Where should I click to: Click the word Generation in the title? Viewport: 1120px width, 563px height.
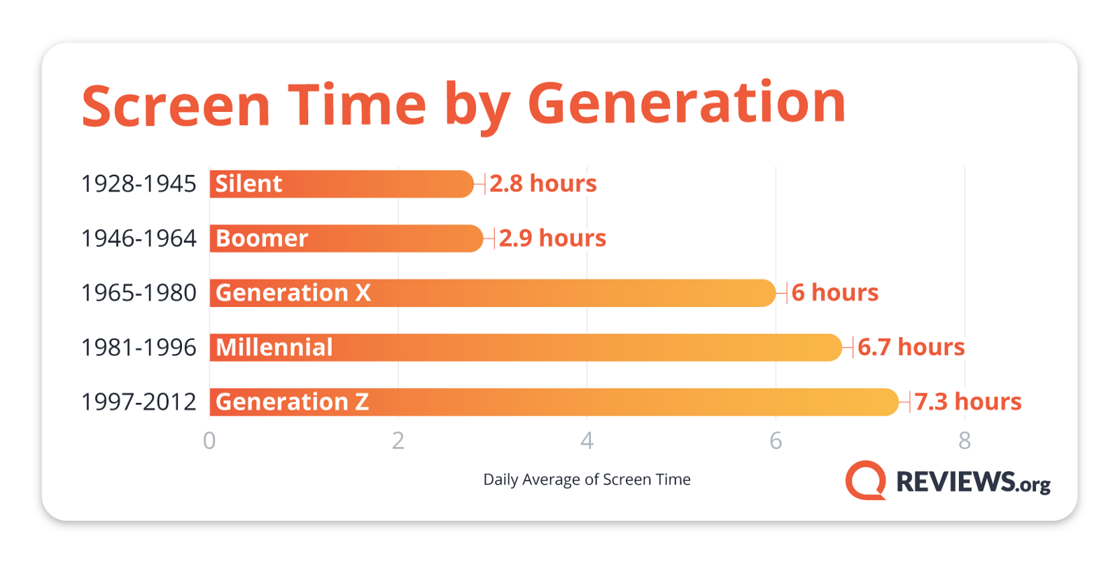pyautogui.click(x=687, y=104)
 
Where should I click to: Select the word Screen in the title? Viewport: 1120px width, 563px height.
pyautogui.click(x=176, y=106)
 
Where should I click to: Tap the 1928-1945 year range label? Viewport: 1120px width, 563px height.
pyautogui.click(x=139, y=184)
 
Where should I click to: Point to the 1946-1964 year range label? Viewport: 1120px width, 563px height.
pyautogui.click(x=139, y=238)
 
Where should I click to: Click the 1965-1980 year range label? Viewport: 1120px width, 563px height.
pyautogui.click(x=139, y=293)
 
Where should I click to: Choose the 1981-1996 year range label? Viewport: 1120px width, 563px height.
pyautogui.click(x=139, y=347)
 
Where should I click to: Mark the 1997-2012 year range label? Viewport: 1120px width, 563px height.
pyautogui.click(x=139, y=401)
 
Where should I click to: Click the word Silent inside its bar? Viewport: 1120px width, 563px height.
pyautogui.click(x=248, y=183)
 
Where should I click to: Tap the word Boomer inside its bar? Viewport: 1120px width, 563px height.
pyautogui.click(x=262, y=238)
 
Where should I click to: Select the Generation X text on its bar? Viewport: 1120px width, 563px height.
pyautogui.click(x=293, y=292)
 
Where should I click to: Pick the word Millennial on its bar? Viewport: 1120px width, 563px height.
pyautogui.click(x=274, y=347)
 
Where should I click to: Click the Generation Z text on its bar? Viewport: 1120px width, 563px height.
pyautogui.click(x=292, y=401)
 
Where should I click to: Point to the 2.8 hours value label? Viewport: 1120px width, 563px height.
pyautogui.click(x=543, y=183)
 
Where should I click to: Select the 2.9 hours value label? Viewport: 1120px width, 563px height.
pyautogui.click(x=552, y=238)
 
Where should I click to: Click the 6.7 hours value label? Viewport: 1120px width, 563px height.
pyautogui.click(x=911, y=347)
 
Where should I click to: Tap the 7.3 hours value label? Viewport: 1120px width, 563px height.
pyautogui.click(x=968, y=401)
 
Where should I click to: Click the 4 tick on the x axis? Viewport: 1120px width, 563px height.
pyautogui.click(x=587, y=441)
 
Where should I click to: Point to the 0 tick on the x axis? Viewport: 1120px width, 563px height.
pyautogui.click(x=209, y=441)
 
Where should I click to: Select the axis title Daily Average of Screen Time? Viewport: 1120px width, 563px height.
pyautogui.click(x=587, y=480)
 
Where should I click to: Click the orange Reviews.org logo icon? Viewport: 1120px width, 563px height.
pyautogui.click(x=865, y=480)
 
